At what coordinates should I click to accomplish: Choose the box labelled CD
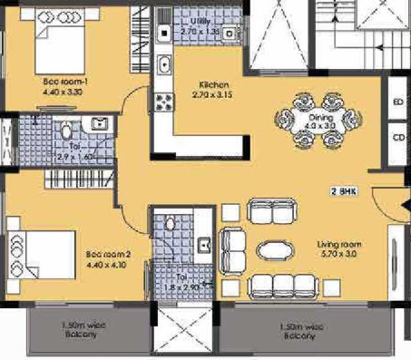396,138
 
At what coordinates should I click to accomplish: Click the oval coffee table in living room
274,248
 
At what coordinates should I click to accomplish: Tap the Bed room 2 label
106,256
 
